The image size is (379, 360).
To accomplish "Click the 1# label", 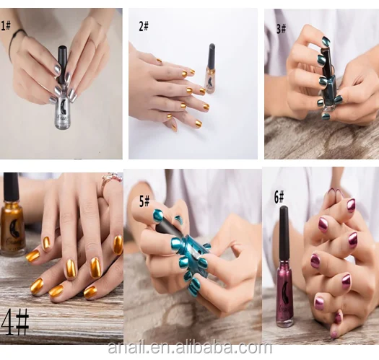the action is (x=6, y=25).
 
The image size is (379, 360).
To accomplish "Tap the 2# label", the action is (x=144, y=26).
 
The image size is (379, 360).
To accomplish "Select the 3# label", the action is (x=281, y=29).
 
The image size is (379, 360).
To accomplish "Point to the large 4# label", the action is (x=15, y=322).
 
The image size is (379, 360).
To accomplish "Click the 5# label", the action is (x=144, y=201).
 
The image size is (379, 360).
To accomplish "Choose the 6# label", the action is (x=279, y=197).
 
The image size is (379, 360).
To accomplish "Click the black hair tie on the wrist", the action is (x=14, y=43).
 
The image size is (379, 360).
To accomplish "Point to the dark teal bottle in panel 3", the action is (x=328, y=82).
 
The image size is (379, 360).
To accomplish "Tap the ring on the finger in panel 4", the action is (x=109, y=181).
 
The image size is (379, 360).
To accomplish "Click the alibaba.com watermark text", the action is (x=190, y=348).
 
